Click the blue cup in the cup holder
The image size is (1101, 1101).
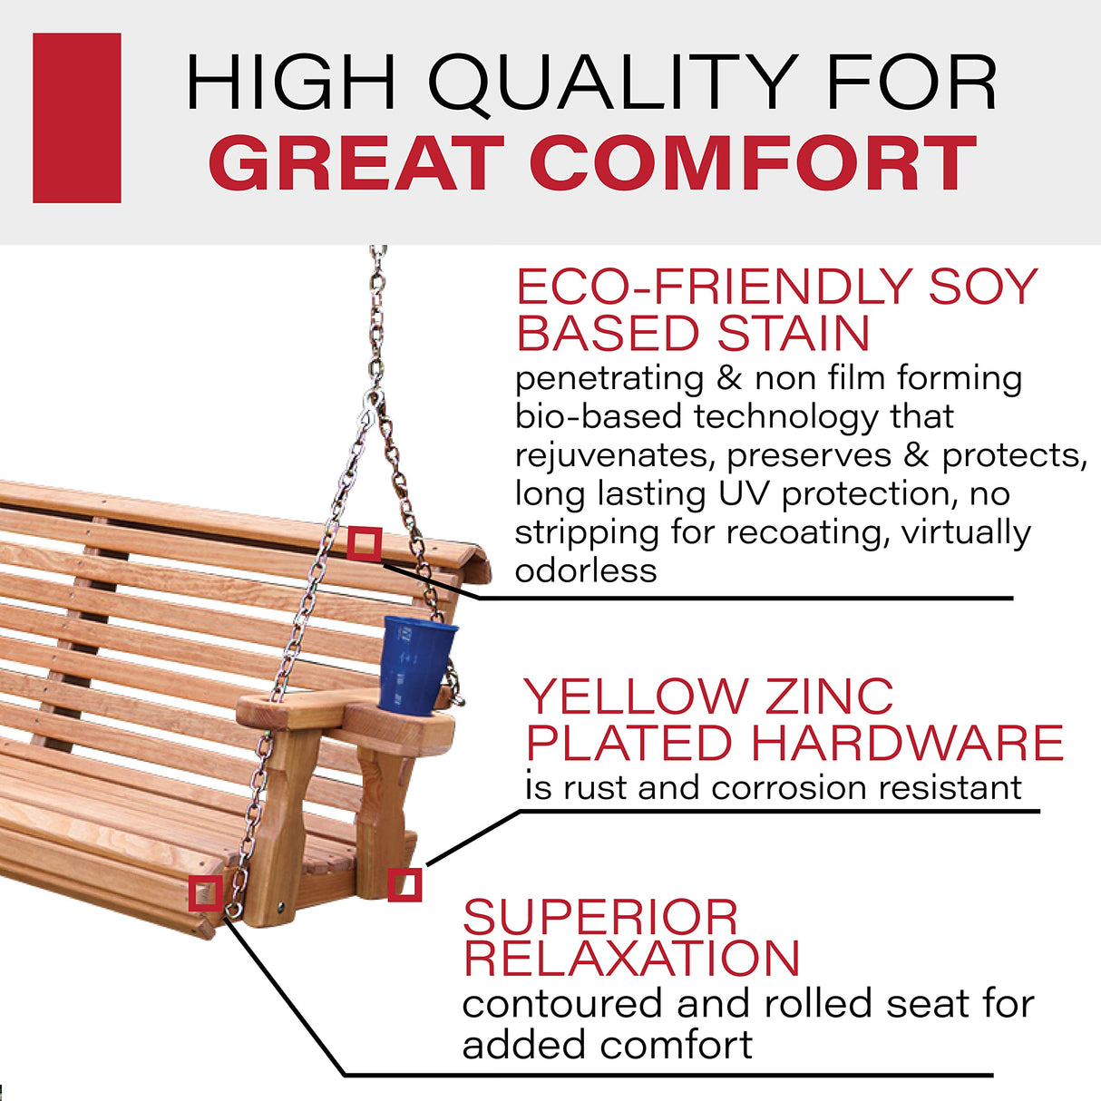tap(416, 664)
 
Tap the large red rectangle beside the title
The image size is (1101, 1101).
tap(77, 118)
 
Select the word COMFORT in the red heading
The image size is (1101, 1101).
tap(753, 164)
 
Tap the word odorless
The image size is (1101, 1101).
tap(586, 571)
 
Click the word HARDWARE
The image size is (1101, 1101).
tap(907, 744)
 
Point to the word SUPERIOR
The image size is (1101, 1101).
tap(600, 917)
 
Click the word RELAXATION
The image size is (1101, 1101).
tap(631, 959)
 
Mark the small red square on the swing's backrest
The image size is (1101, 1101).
tap(364, 544)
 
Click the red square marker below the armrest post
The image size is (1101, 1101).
tap(404, 885)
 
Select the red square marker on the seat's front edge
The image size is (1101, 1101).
tap(206, 893)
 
